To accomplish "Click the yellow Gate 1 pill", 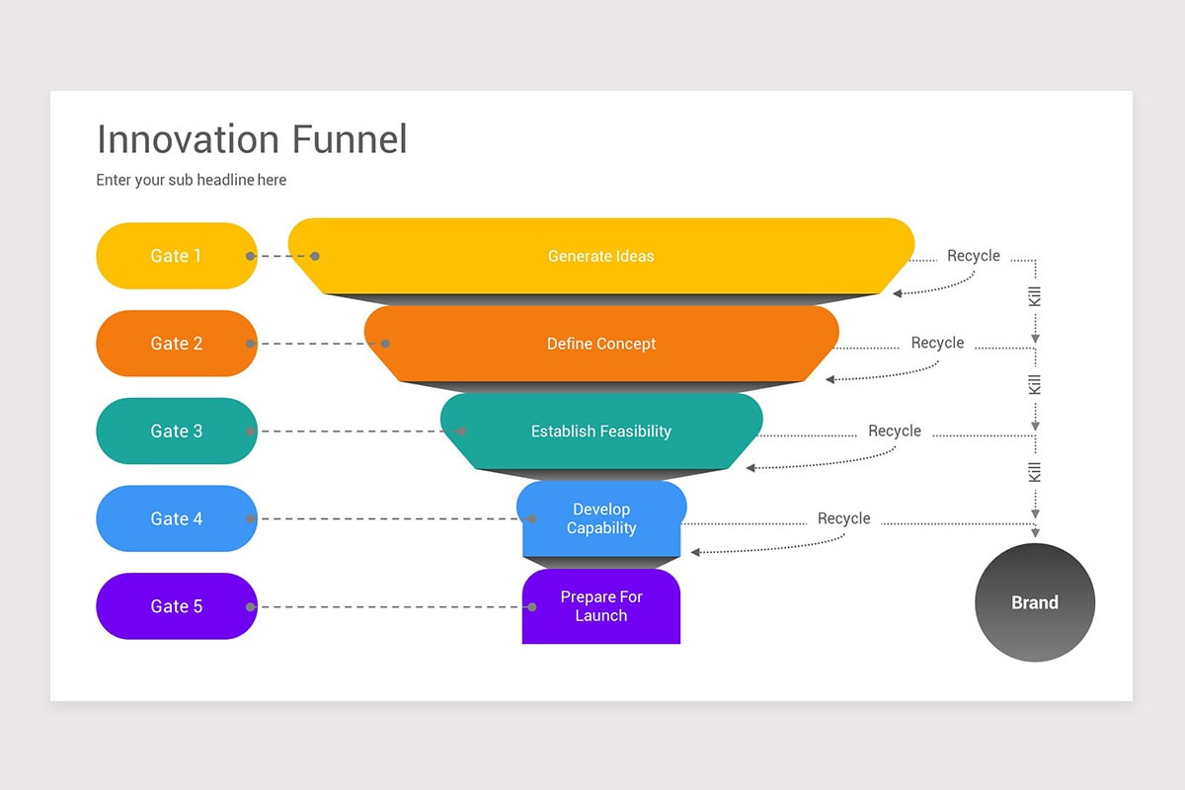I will pyautogui.click(x=177, y=256).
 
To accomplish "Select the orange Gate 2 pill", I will pyautogui.click(x=177, y=344).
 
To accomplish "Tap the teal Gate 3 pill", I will pyautogui.click(x=177, y=432).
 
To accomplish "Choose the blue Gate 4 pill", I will pyautogui.click(x=177, y=518).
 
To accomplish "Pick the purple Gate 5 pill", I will pyautogui.click(x=177, y=606).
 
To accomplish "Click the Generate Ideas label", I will pyautogui.click(x=600, y=256).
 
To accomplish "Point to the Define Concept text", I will pyautogui.click(x=600, y=344).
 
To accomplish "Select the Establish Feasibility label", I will pyautogui.click(x=600, y=432).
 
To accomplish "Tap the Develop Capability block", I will pyautogui.click(x=600, y=519).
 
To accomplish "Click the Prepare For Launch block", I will pyautogui.click(x=600, y=606).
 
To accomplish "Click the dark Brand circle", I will pyautogui.click(x=1035, y=602).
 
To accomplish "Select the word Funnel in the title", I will pyautogui.click(x=349, y=139).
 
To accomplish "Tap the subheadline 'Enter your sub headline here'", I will pyautogui.click(x=192, y=180).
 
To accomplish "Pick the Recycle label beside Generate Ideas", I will pyautogui.click(x=974, y=256).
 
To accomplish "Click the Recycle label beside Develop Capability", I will pyautogui.click(x=844, y=518).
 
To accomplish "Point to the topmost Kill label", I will pyautogui.click(x=1035, y=296).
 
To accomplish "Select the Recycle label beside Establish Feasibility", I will pyautogui.click(x=895, y=432).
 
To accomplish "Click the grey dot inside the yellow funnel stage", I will pyautogui.click(x=315, y=256).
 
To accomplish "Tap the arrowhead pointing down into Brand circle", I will pyautogui.click(x=1035, y=533).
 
